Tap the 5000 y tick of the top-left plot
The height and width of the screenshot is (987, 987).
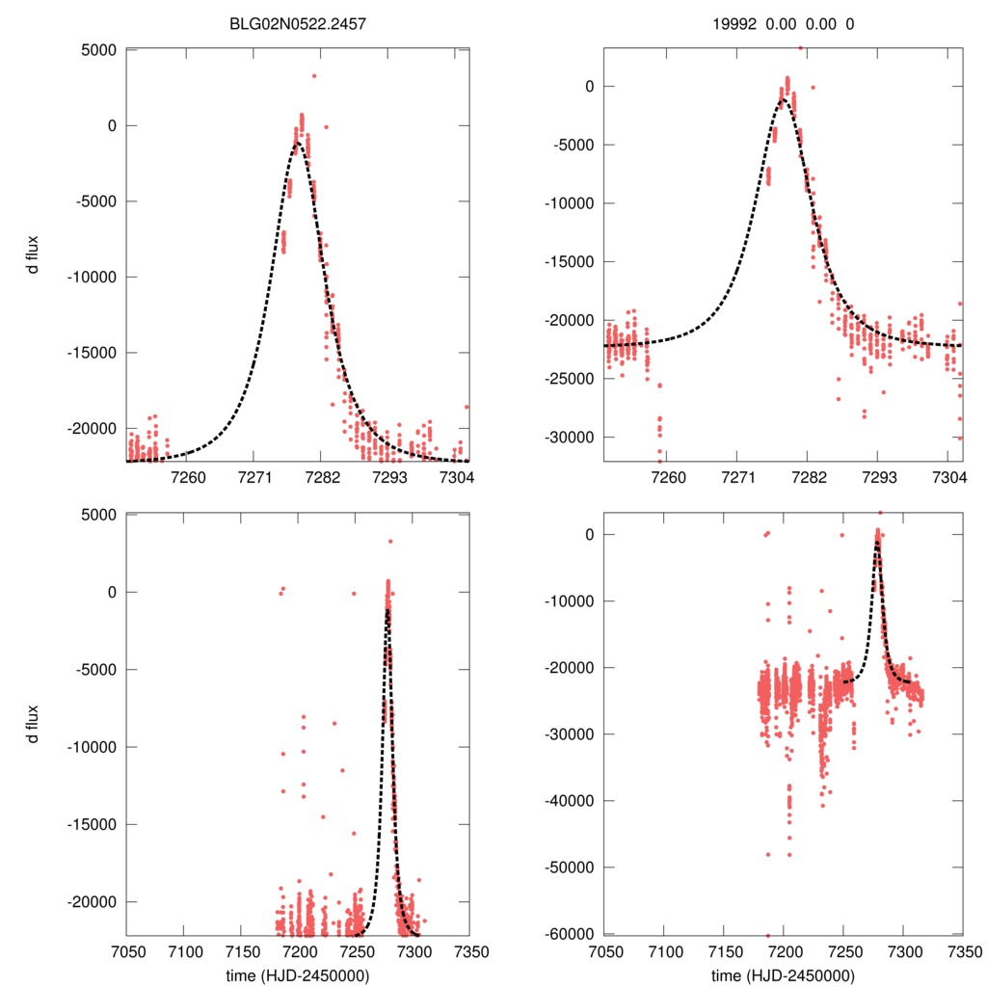coord(98,49)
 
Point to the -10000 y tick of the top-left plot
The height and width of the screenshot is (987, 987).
coord(93,277)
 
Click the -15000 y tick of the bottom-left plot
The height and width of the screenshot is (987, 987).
coord(93,824)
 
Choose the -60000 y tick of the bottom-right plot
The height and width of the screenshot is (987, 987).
coord(572,933)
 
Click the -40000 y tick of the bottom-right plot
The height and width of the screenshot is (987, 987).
coord(572,800)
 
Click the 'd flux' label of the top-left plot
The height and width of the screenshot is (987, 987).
coord(34,255)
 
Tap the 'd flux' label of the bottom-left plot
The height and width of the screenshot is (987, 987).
coord(34,724)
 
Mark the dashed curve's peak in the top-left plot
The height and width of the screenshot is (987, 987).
coord(298,143)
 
